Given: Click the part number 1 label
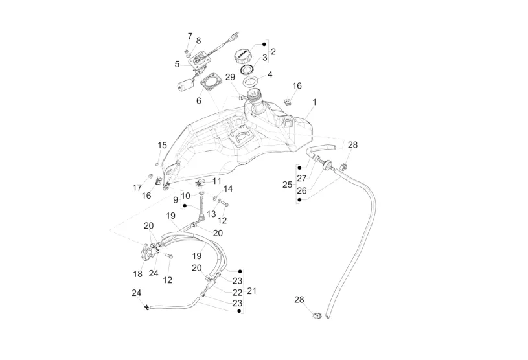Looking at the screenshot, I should tap(315, 102).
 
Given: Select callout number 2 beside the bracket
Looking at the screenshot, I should tap(273, 51).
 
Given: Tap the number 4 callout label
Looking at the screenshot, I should tap(264, 58).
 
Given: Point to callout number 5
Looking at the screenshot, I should tap(270, 74).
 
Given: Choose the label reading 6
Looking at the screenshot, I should tap(177, 64).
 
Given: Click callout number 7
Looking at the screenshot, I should tap(199, 101).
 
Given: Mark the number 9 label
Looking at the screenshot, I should tap(190, 36).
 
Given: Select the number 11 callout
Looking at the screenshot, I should tap(218, 182).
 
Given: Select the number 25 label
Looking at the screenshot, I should tap(287, 185).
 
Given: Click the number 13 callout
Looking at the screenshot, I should tap(212, 213).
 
